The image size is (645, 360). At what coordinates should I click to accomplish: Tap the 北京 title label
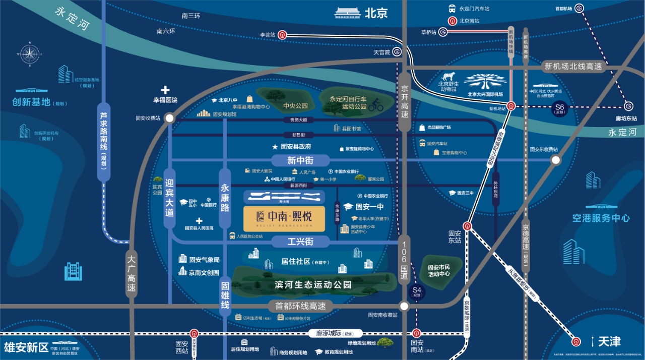pyautogui.click(x=376, y=12)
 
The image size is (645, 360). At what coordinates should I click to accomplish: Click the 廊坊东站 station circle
pyautogui.click(x=628, y=106)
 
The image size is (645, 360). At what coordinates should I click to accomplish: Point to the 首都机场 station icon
pyautogui.click(x=579, y=8)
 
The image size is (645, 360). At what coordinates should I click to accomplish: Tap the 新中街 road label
pyautogui.click(x=300, y=160)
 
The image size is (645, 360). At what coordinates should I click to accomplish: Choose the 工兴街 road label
pyautogui.click(x=300, y=242)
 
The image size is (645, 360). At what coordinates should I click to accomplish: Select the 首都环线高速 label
pyautogui.click(x=300, y=306)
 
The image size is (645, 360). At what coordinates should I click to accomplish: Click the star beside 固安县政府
pyautogui.click(x=275, y=147)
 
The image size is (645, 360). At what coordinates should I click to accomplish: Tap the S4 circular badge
pyautogui.click(x=416, y=291)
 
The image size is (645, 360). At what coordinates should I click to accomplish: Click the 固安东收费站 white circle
pyautogui.click(x=555, y=160)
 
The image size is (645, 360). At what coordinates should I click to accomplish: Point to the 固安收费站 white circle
pyautogui.click(x=170, y=118)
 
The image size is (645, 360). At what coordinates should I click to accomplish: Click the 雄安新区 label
pyautogui.click(x=26, y=347)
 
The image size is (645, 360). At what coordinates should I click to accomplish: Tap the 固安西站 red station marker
pyautogui.click(x=195, y=333)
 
